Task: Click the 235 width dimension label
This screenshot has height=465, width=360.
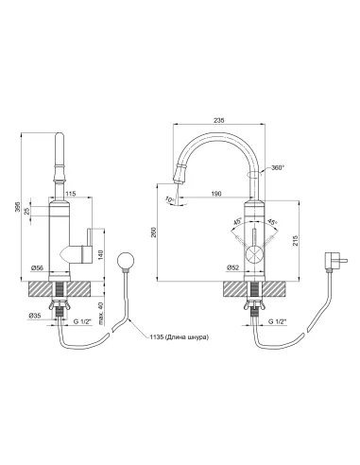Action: pyautogui.click(x=218, y=120)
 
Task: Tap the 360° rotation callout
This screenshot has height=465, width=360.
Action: pyautogui.click(x=278, y=168)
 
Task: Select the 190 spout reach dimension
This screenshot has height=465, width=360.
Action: pyautogui.click(x=216, y=194)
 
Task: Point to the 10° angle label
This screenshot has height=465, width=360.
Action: pyautogui.click(x=169, y=199)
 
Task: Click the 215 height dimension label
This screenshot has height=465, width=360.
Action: pyautogui.click(x=295, y=241)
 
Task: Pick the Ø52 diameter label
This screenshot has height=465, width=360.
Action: pyautogui.click(x=233, y=267)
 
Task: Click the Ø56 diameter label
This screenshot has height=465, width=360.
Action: pyautogui.click(x=37, y=268)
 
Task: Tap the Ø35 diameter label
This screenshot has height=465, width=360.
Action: pyautogui.click(x=35, y=315)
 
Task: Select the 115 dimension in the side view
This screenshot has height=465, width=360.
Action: pyautogui.click(x=71, y=194)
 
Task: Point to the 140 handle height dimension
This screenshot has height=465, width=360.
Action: pyautogui.click(x=100, y=255)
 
